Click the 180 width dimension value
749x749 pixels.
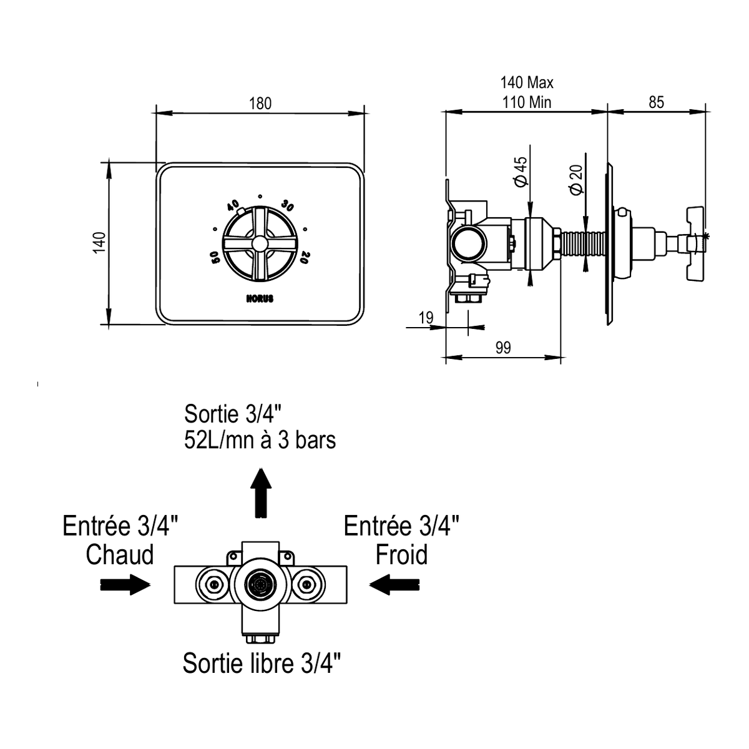tap(260, 104)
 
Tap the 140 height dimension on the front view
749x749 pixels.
tap(99, 242)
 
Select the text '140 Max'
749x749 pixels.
tap(527, 82)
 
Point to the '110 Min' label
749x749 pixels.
tap(527, 102)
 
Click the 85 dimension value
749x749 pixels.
tap(656, 102)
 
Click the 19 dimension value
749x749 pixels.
tap(426, 318)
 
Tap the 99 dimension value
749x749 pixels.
tap(503, 348)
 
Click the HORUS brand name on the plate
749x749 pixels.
tap(260, 298)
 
